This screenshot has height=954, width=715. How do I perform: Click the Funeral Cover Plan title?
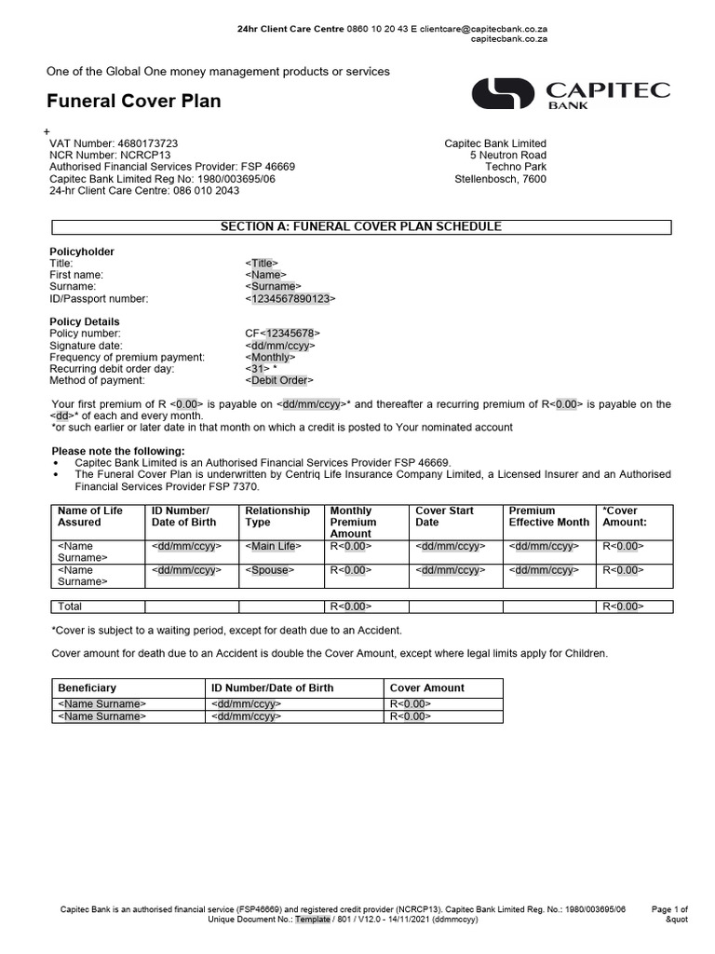(x=134, y=101)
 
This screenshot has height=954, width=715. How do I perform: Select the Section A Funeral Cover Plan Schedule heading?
(x=360, y=226)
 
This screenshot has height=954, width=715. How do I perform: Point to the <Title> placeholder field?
(x=262, y=264)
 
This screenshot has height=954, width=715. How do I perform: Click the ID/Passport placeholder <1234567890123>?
(x=290, y=299)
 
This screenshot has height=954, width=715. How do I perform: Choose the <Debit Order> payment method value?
(x=280, y=380)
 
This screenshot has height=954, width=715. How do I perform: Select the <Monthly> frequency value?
(x=271, y=357)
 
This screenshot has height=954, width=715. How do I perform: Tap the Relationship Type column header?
(x=277, y=516)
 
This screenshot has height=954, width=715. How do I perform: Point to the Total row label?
(x=70, y=606)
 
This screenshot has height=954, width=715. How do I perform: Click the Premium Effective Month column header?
(x=548, y=516)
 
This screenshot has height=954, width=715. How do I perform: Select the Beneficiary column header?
(x=87, y=688)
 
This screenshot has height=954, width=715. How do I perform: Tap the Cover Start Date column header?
(x=444, y=516)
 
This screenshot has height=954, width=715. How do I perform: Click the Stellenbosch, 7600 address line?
(x=500, y=179)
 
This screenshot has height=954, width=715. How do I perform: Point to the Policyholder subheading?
(x=82, y=252)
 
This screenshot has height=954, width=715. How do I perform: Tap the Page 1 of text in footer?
(x=668, y=908)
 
